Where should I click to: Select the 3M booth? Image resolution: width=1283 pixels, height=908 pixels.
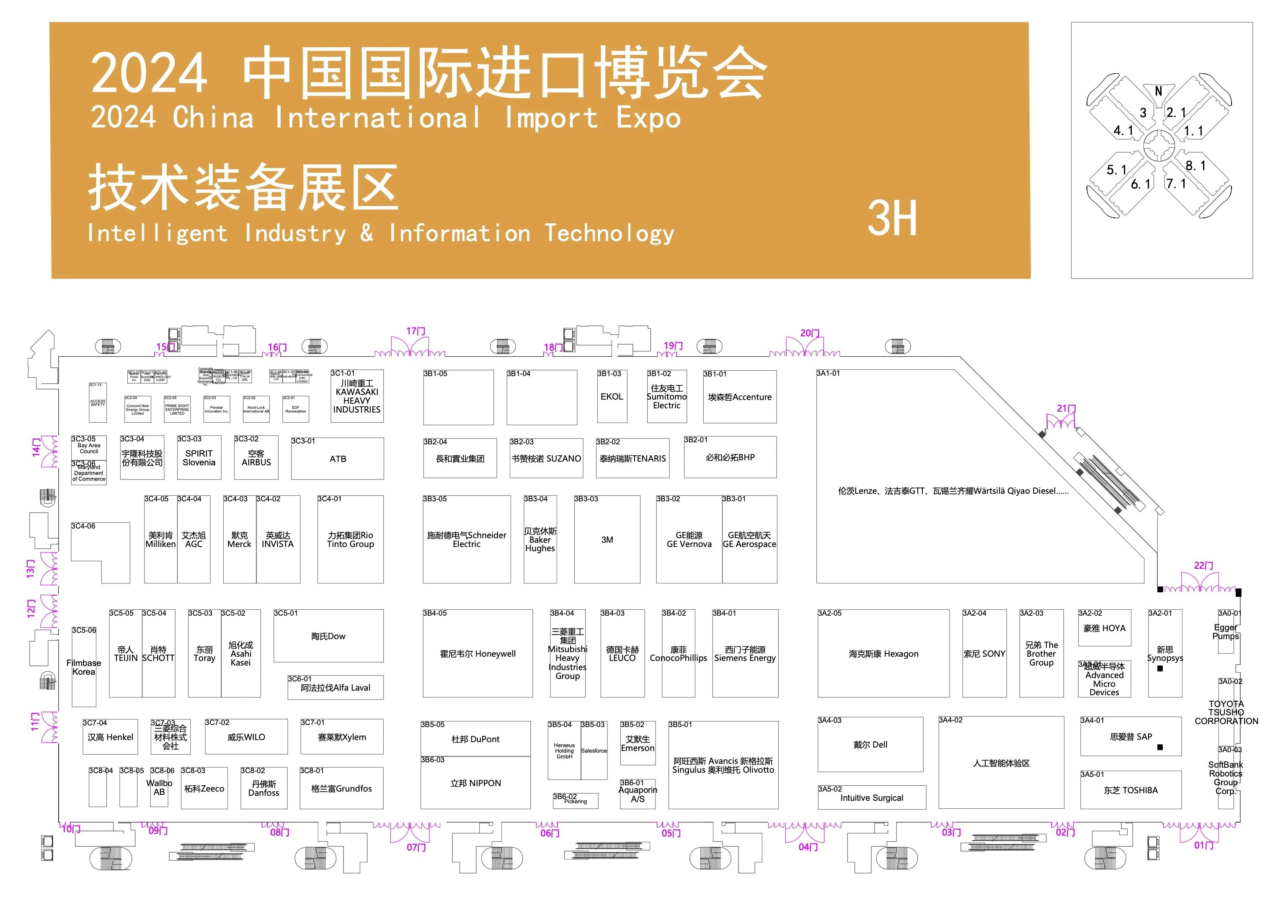coord(607,539)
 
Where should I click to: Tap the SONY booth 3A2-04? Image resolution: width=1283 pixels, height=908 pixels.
coord(984,653)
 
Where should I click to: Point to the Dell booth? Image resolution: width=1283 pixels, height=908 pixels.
coord(870,744)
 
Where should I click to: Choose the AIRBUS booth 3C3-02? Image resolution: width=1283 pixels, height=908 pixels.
coord(256,458)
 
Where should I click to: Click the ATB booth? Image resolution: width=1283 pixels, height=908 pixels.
coord(337,459)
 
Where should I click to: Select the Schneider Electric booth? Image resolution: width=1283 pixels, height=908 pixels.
coord(466,539)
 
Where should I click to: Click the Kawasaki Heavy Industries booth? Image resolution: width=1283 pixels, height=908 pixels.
coord(357,396)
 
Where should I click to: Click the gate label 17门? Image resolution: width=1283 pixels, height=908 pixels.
coord(416,331)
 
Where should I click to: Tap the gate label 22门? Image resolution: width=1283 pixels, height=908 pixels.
coord(1203,565)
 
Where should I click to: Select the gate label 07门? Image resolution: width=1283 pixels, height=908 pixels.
coord(416,847)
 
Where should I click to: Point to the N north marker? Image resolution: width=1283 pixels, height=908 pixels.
coord(1158,92)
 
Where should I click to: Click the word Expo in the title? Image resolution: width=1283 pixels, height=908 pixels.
coord(648,118)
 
